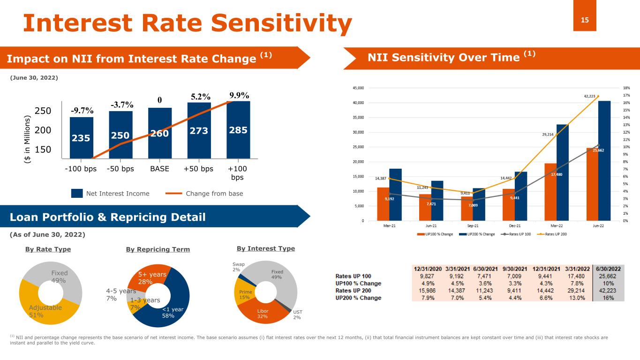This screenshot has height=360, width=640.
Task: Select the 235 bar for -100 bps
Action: tap(82, 138)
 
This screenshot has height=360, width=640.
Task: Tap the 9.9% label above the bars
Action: tap(239, 96)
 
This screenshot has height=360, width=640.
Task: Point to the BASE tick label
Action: tap(160, 169)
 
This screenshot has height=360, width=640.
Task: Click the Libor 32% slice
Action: tap(263, 313)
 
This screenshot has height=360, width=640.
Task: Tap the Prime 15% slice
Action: tap(245, 294)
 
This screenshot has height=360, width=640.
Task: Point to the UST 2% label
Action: tap(297, 315)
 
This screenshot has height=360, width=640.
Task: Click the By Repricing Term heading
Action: tap(158, 249)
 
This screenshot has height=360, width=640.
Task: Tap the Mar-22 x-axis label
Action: tap(556, 226)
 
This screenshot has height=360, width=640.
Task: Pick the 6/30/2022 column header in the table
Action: tap(609, 269)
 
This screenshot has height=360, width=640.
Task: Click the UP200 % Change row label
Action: tap(358, 297)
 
